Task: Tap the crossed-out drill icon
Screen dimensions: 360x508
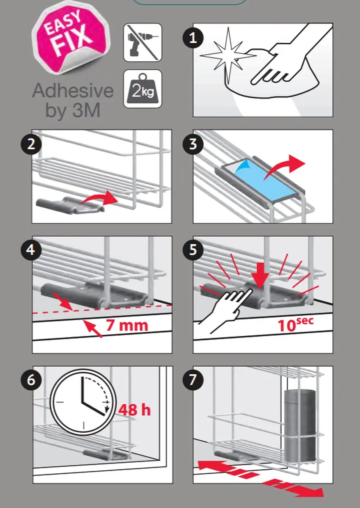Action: point(143,42)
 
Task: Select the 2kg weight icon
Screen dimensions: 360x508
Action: point(143,88)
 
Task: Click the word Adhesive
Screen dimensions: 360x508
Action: point(73,91)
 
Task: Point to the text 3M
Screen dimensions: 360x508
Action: point(87,110)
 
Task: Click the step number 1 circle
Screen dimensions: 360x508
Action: point(193,38)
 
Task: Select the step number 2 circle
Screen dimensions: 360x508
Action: point(31,144)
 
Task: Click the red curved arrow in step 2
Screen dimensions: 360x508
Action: point(99,198)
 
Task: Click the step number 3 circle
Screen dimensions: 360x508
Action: point(193,144)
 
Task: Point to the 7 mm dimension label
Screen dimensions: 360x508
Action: point(127,325)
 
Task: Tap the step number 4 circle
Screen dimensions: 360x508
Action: point(31,250)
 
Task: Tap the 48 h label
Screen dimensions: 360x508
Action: point(135,410)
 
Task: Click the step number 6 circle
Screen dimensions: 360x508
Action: point(31,380)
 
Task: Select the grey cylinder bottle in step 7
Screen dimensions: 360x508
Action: point(300,426)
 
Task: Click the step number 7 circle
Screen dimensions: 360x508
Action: point(193,380)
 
